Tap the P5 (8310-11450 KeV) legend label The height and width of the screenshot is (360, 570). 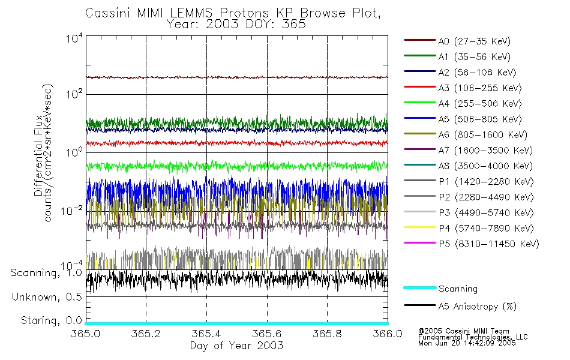tap(488, 244)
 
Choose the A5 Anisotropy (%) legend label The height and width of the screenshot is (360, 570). tap(477, 307)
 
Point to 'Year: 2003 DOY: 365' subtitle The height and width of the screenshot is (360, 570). tap(238, 25)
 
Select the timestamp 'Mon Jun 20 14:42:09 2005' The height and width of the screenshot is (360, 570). tap(467, 344)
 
